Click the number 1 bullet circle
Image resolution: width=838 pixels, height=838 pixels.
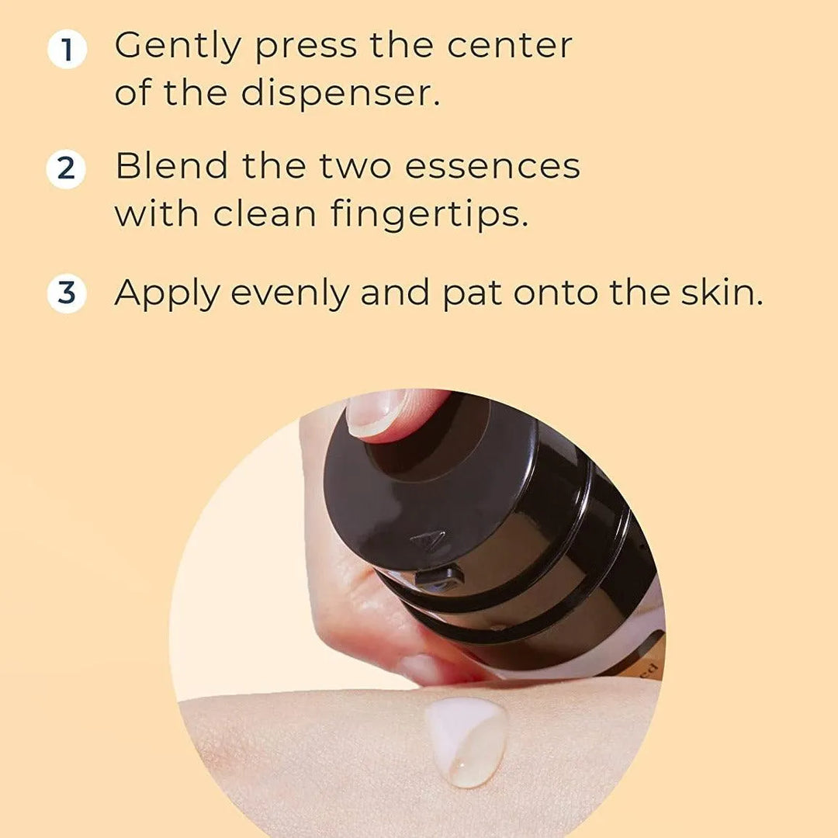point(66,50)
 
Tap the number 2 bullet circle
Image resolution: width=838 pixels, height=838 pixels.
point(66,169)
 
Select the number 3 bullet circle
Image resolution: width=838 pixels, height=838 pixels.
point(66,294)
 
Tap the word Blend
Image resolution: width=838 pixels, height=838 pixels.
point(172,166)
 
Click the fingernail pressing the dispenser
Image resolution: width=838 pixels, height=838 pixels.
point(376,411)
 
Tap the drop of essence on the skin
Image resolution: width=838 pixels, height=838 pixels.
point(466,741)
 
